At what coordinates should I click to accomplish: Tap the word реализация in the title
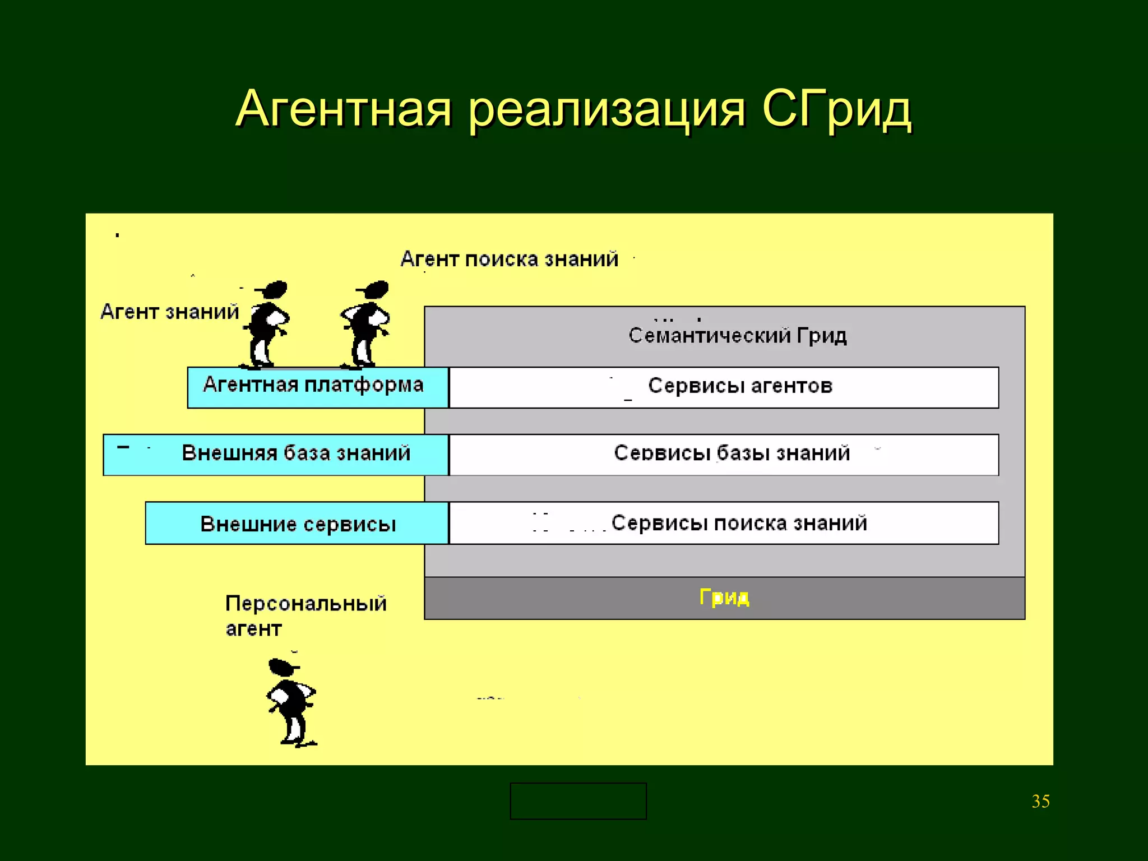click(x=607, y=110)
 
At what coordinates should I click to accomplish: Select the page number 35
click(x=1040, y=801)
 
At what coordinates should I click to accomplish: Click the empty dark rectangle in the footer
click(x=578, y=801)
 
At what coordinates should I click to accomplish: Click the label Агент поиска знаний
click(x=509, y=259)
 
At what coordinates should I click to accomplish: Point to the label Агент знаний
click(x=169, y=312)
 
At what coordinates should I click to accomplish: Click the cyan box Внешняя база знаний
click(x=276, y=454)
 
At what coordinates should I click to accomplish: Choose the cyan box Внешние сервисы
click(x=297, y=524)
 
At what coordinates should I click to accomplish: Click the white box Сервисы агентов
click(x=724, y=387)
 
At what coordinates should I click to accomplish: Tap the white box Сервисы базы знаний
click(x=724, y=454)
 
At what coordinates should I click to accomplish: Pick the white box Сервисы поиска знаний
click(x=724, y=523)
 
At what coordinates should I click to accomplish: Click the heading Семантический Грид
click(x=737, y=335)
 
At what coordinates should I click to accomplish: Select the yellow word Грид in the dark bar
click(x=724, y=598)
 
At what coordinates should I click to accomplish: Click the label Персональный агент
click(x=305, y=615)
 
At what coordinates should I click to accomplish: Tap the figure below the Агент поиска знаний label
click(x=367, y=325)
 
